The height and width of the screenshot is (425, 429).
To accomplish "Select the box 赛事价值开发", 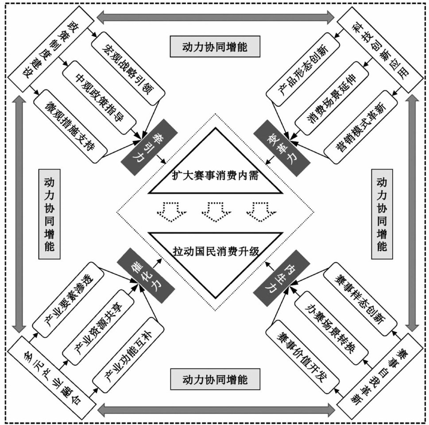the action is tap(301, 361).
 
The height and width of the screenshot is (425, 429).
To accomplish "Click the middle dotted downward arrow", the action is tap(215, 210).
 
